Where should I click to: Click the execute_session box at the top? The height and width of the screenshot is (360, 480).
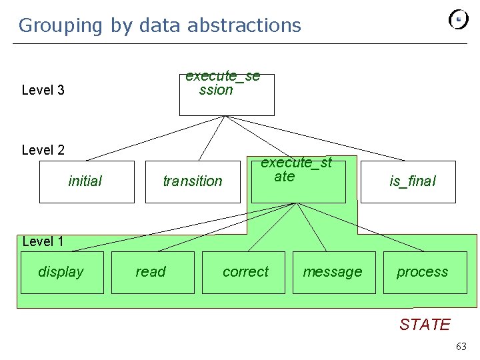point(227,95)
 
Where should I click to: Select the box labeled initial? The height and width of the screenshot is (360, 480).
point(87,181)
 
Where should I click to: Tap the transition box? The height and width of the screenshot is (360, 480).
point(193,181)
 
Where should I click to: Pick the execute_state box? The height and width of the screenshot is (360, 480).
point(299,180)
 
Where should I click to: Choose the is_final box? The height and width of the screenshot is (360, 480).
point(408,181)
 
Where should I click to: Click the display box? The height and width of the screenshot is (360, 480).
point(62,272)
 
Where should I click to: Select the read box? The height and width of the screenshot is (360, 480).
point(153,272)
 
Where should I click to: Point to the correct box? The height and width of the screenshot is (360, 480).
point(243,272)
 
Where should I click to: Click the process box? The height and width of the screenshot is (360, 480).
point(424,272)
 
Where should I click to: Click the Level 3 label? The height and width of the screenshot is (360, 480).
point(43,90)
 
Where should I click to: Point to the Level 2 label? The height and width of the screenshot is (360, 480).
point(43,150)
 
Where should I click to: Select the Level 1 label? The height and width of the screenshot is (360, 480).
point(43,241)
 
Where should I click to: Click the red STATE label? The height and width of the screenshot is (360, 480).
point(425,325)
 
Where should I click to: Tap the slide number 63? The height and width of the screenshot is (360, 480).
point(461,346)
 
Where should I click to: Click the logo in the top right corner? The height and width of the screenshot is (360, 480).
point(459,19)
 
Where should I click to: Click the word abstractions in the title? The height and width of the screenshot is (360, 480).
point(244,25)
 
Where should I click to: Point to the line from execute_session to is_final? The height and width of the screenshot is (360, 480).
point(313,139)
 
